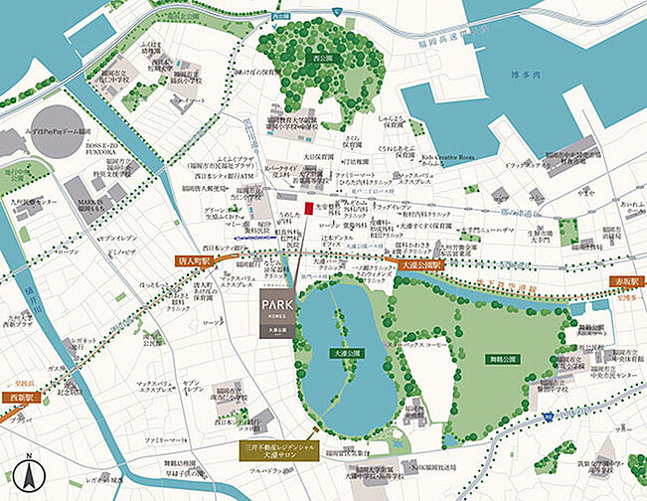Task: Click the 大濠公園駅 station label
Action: pos(418,267)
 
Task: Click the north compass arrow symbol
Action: pos(30,474)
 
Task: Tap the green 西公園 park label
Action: pos(324,60)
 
